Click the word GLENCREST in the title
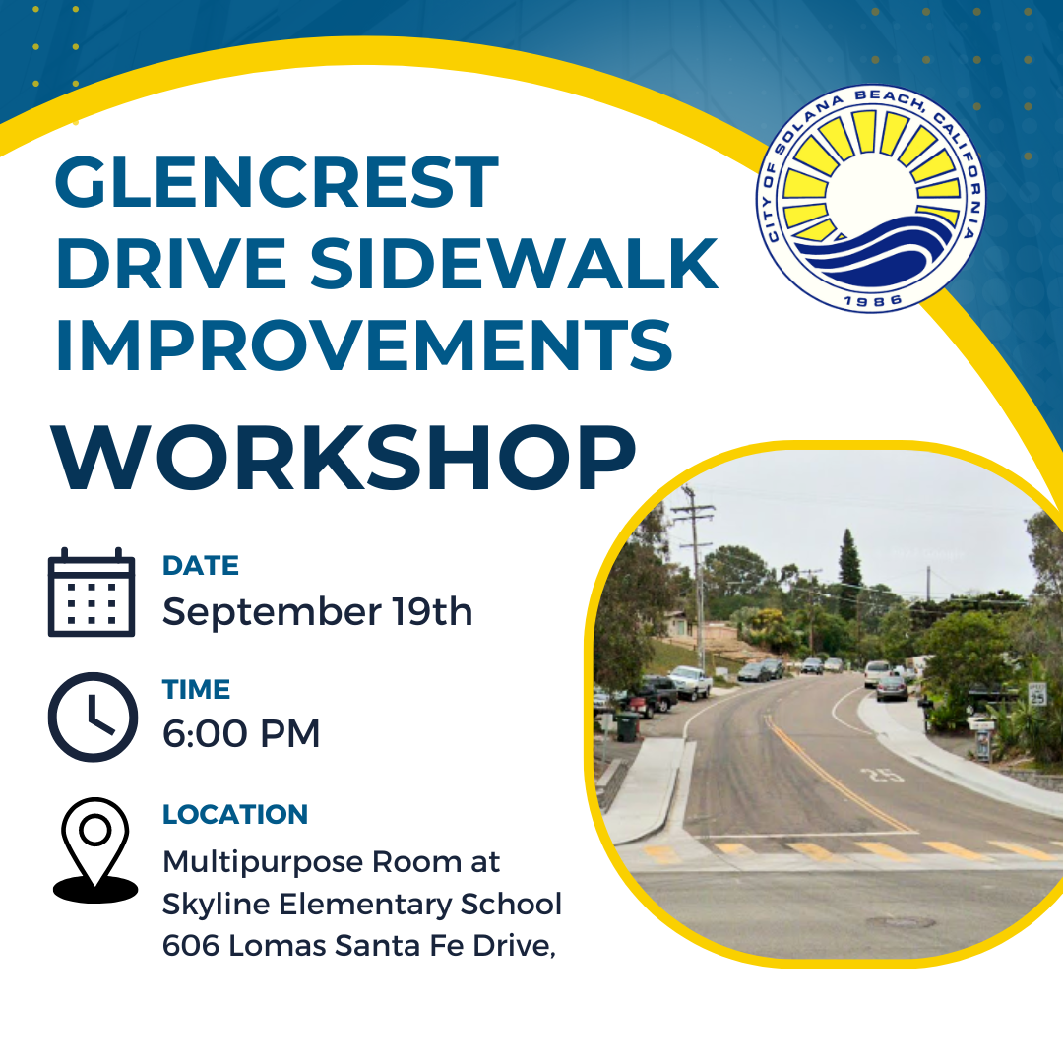[277, 182]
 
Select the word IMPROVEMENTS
[364, 345]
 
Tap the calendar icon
[92, 593]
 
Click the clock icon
[93, 717]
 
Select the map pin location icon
[94, 850]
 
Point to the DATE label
[201, 565]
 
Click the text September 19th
[317, 611]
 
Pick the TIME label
[197, 689]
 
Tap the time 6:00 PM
[241, 733]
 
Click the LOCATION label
[235, 814]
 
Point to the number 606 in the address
[191, 946]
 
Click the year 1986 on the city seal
[873, 300]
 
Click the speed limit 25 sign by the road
[1037, 693]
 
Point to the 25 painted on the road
[881, 775]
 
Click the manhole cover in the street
[901, 922]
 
